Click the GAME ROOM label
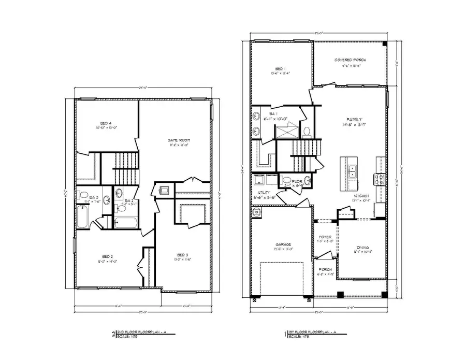tap(177, 140)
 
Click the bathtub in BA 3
tap(83, 217)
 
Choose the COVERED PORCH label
tap(350, 60)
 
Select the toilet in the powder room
tap(308, 180)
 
